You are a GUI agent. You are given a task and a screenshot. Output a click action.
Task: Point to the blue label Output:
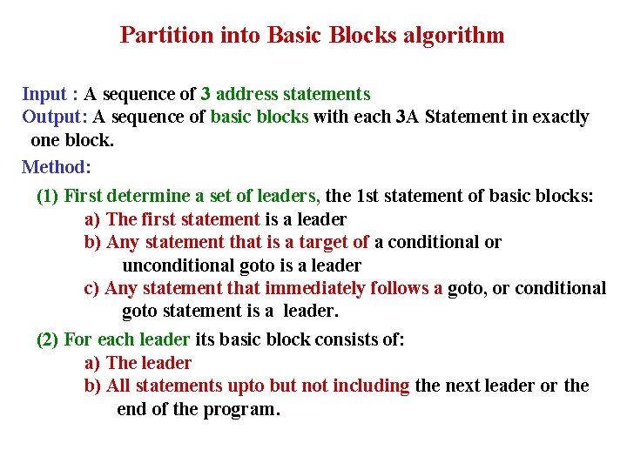(x=54, y=117)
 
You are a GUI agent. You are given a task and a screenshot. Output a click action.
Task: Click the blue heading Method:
(x=57, y=166)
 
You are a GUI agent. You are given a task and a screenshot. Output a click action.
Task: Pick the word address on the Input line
(x=251, y=94)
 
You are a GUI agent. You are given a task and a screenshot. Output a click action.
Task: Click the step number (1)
(x=48, y=196)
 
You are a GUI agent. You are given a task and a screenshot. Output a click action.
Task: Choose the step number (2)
(x=48, y=339)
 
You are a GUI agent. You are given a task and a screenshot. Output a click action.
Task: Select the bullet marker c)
(x=91, y=288)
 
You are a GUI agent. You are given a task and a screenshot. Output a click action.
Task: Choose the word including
(x=367, y=386)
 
